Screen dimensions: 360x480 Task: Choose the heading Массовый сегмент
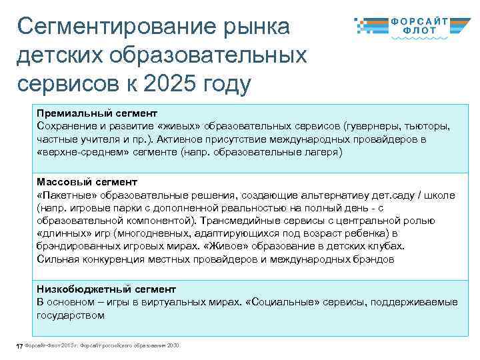coord(87,182)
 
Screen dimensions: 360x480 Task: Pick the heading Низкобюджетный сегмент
coord(107,290)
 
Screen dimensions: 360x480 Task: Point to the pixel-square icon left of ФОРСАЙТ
coord(367,25)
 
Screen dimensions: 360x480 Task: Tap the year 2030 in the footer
coord(173,345)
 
